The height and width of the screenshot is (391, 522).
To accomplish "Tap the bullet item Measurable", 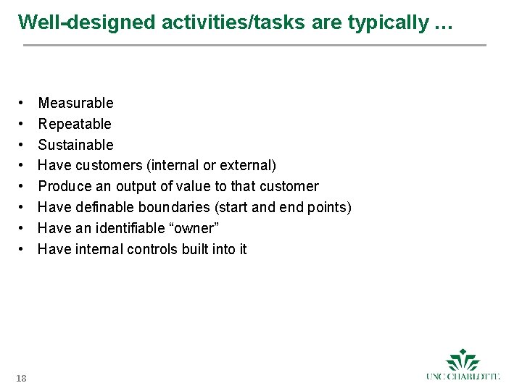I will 75,103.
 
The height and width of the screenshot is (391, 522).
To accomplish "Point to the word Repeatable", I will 75,124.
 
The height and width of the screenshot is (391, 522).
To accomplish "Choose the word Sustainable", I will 75,145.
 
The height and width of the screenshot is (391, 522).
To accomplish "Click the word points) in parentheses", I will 329,207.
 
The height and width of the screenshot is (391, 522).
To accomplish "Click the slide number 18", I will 21,377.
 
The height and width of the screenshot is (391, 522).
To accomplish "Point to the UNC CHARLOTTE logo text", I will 463,376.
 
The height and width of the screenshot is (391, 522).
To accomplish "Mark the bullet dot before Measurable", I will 23,103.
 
